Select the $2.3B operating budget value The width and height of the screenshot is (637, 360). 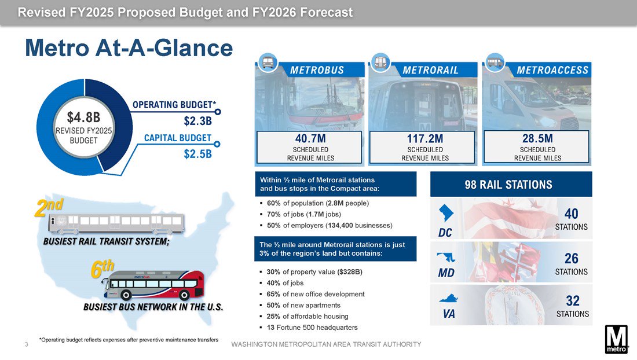pyautogui.click(x=198, y=122)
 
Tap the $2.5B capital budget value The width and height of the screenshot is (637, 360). pyautogui.click(x=198, y=155)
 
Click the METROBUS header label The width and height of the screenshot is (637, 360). pyautogui.click(x=317, y=70)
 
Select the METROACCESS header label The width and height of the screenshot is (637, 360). pyautogui.click(x=552, y=70)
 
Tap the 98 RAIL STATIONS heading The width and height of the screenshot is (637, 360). pyautogui.click(x=508, y=185)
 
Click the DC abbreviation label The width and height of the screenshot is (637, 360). pyautogui.click(x=445, y=233)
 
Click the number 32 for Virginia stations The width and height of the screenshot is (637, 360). pyautogui.click(x=572, y=301)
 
